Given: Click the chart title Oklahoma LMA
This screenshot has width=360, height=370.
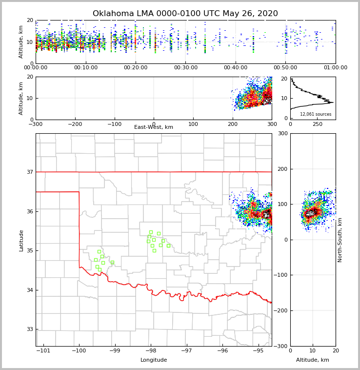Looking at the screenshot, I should (x=185, y=14).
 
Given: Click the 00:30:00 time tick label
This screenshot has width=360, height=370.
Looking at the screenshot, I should (x=185, y=68).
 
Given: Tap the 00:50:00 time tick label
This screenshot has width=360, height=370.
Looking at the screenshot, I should (x=285, y=68).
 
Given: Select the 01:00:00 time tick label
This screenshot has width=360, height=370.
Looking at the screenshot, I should (x=336, y=68).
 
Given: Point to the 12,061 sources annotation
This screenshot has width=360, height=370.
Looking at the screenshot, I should (x=316, y=114).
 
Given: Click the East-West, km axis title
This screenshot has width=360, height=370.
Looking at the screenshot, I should (x=154, y=127).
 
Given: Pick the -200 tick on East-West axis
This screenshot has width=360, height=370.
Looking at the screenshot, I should (x=75, y=124).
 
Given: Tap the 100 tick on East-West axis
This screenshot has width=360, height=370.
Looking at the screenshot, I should (x=193, y=124).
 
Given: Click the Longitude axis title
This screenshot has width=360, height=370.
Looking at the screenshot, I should (x=154, y=360).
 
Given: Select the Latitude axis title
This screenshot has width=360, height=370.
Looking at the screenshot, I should (x=21, y=240).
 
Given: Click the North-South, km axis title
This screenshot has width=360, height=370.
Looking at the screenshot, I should (x=340, y=240).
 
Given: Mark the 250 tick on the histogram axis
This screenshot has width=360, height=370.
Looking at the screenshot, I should (x=318, y=124).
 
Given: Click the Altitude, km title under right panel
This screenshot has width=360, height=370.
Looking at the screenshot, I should (x=313, y=360).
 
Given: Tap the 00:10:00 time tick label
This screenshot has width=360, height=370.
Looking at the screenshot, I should (x=85, y=68).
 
